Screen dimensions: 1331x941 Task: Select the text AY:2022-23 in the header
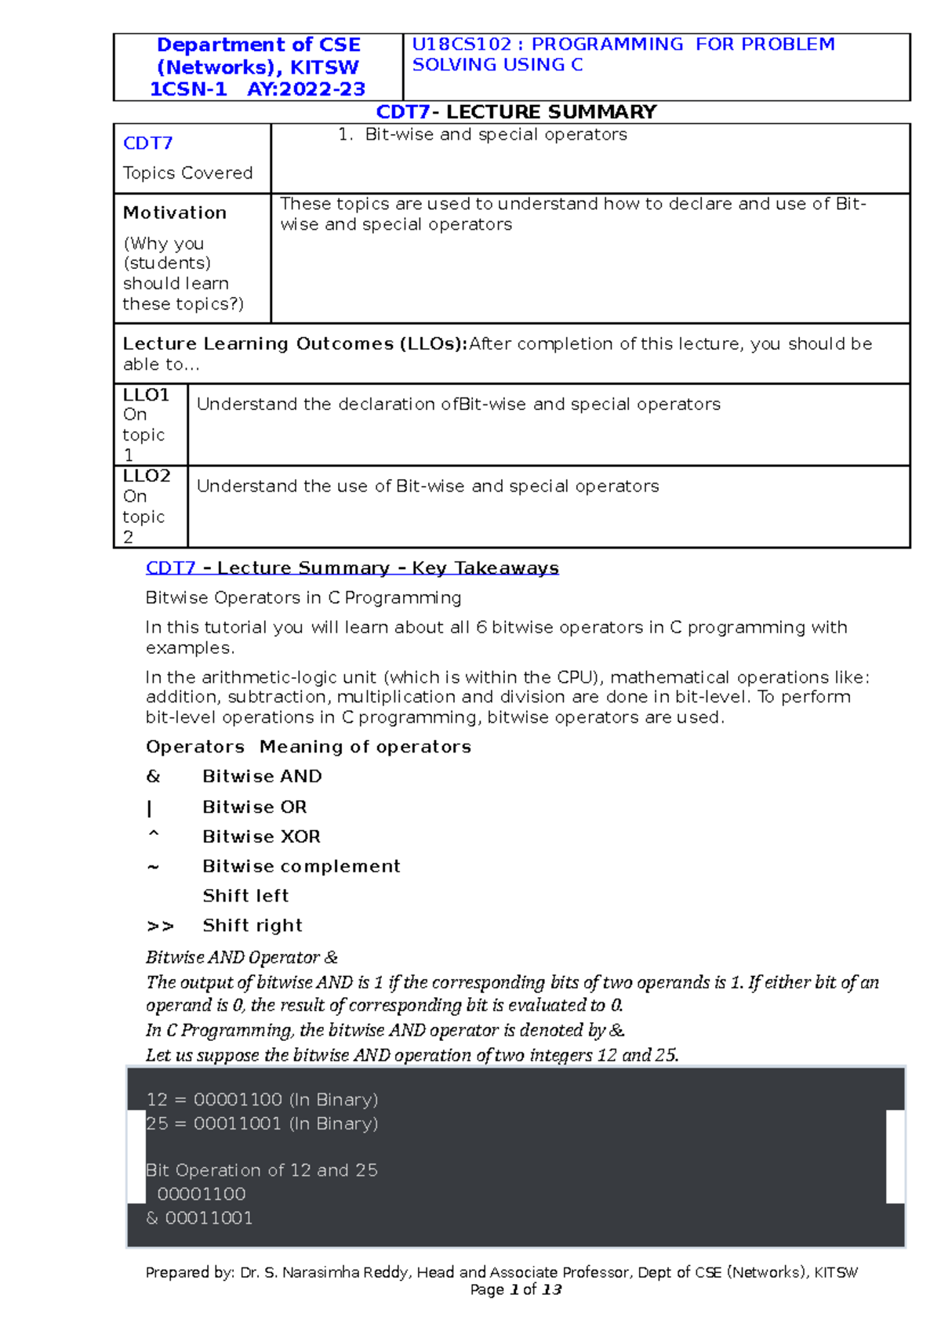[x=306, y=89]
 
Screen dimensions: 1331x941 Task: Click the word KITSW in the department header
[x=325, y=67]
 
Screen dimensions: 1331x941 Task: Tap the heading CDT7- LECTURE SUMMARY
[x=516, y=112]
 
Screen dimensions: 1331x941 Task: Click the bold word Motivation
[x=175, y=212]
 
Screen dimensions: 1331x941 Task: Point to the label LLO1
[x=146, y=395]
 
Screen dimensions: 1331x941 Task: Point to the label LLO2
[x=147, y=476]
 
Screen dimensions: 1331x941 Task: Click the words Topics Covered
[x=187, y=172]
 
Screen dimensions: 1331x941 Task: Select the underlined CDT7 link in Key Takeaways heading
[x=170, y=568]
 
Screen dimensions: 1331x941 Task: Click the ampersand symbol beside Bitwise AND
[x=153, y=776]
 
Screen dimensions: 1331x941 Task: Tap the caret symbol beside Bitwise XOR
[x=153, y=835]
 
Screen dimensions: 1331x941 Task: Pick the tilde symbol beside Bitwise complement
[x=153, y=867]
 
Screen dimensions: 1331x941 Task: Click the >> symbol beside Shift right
[x=160, y=926]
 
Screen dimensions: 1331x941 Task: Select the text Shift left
[x=245, y=896]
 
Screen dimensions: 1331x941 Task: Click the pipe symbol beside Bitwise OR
[x=149, y=807]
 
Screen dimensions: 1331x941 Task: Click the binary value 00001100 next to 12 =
[x=238, y=1100]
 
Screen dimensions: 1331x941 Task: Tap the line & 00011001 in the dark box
[x=199, y=1218]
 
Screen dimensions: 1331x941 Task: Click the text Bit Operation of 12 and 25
[x=261, y=1170]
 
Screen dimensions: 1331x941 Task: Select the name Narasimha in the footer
[x=317, y=1273]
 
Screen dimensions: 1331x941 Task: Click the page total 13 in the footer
[x=551, y=1290]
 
